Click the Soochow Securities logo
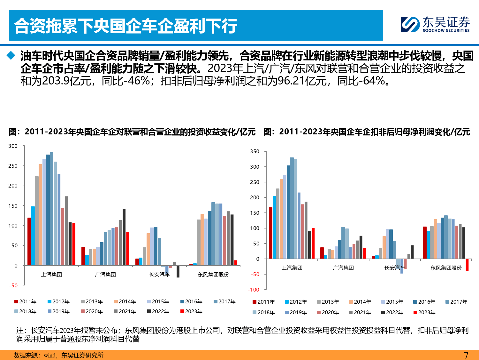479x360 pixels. pos(435,25)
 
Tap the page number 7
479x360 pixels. pos(466,355)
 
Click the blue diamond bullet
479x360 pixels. pos(11,56)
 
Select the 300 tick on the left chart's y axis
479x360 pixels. pos(13,146)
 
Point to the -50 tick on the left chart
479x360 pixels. pos(13,285)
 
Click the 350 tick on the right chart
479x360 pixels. pos(255,151)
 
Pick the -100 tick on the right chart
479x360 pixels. pos(254,290)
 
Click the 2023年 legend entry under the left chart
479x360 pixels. pos(191,311)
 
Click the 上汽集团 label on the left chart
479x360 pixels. pos(51,274)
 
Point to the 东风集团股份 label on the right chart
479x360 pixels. pos(446,268)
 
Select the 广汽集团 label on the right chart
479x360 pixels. pos(343,268)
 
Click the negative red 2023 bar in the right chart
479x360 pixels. pos(467,265)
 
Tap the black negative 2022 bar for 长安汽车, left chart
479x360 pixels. pos(178,271)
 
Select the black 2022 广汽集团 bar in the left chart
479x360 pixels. pos(124,237)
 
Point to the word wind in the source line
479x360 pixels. pos(49,355)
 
